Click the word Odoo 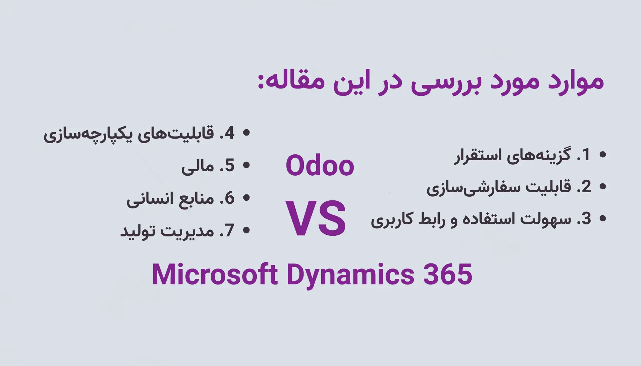[320, 165]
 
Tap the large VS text [316, 218]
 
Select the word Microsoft [214, 274]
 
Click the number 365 [448, 274]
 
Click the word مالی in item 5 [198, 166]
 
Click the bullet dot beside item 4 [246, 133]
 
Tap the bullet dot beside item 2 [603, 186]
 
